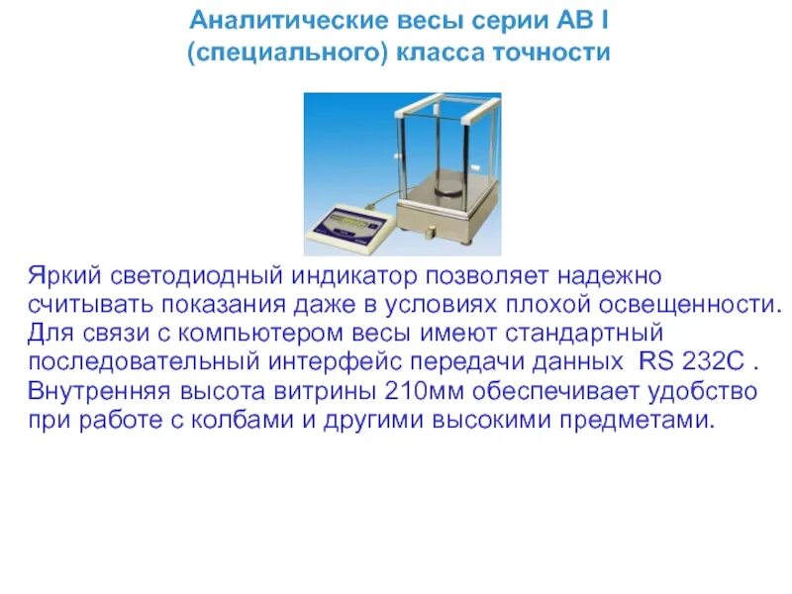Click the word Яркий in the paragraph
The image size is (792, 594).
tap(63, 272)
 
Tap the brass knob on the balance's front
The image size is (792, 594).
tap(429, 232)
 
